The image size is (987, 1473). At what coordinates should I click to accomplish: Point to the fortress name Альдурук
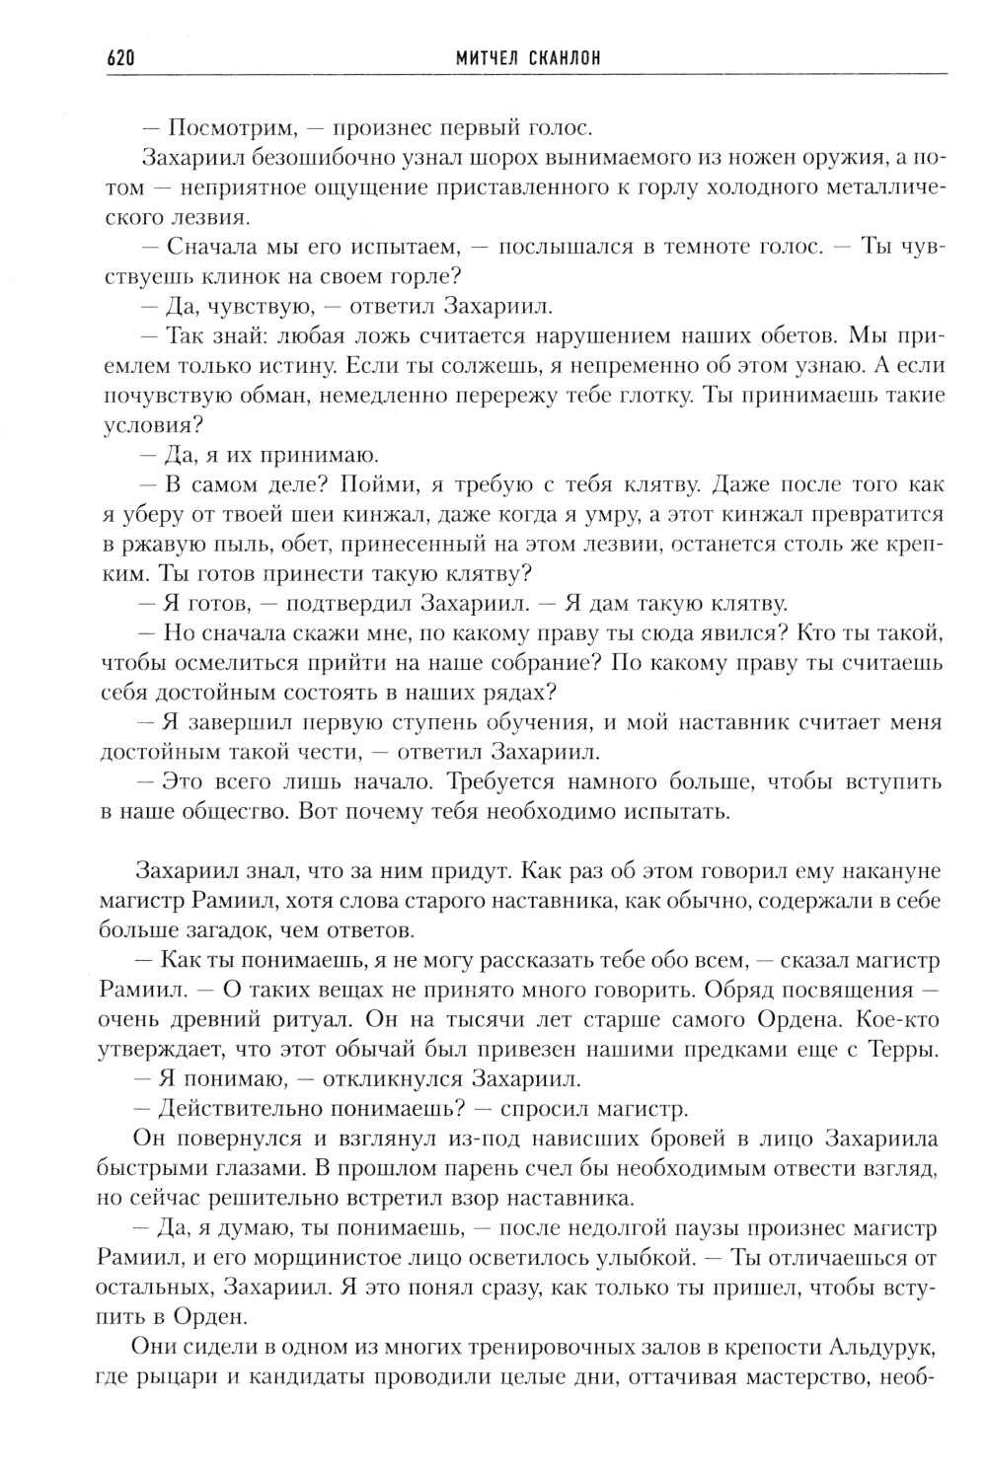point(881,1348)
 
